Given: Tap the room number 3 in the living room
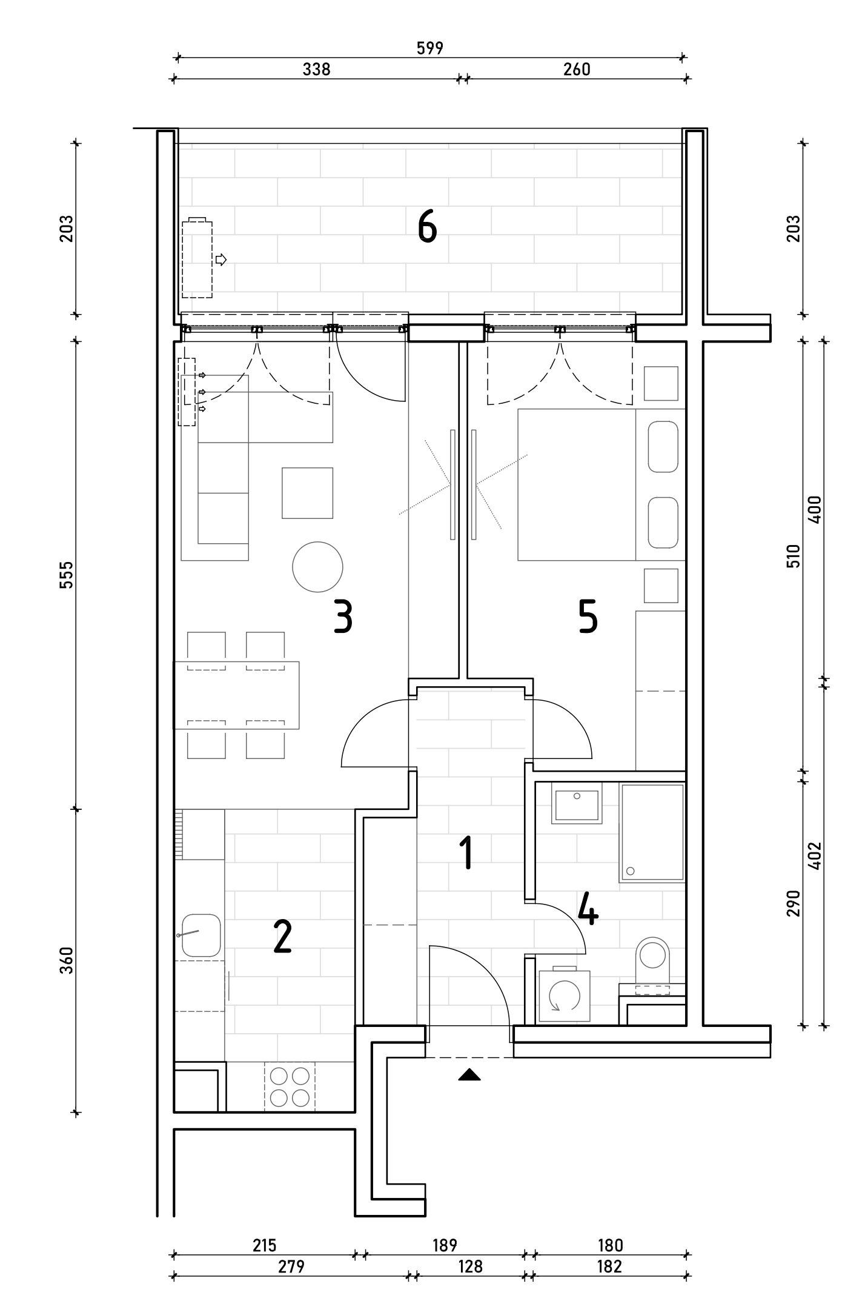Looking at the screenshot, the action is tap(343, 617).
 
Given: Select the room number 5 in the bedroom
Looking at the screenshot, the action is tap(588, 617).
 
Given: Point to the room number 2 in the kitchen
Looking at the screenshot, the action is tap(282, 937).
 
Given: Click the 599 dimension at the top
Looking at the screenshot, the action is tap(430, 48).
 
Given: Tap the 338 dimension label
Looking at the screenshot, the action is tap(317, 69).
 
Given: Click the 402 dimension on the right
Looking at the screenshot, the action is tap(815, 855).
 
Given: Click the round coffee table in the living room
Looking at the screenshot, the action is tap(317, 567).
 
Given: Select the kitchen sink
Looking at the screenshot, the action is tap(201, 935).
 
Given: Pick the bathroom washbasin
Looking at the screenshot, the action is tap(577, 803).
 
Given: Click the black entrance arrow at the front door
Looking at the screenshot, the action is tap(469, 1075).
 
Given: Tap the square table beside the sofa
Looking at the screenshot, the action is tap(307, 493).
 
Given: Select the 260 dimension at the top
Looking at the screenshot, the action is tap(577, 69).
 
